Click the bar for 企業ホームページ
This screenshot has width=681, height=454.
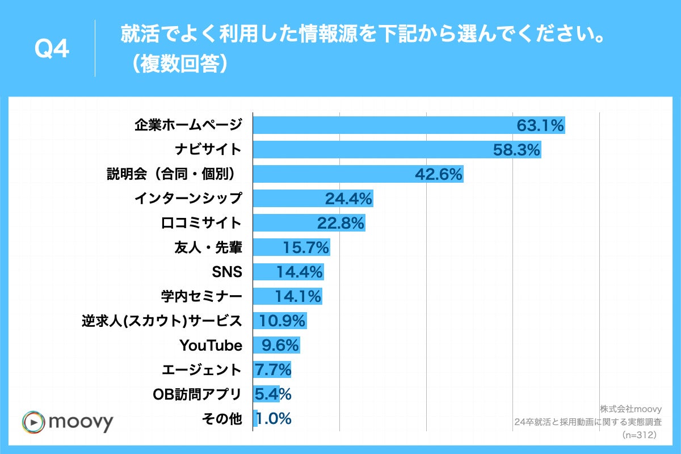pos(409,125)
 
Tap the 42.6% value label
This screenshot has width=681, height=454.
pos(439,174)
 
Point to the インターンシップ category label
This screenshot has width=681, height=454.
pos(188,199)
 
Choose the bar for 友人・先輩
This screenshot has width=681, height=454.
pos(291,247)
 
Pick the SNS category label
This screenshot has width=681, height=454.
pos(227,272)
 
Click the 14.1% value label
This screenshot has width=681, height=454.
pos(299,296)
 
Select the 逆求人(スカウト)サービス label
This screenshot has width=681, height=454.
pos(162,321)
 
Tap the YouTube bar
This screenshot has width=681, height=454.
pos(276,345)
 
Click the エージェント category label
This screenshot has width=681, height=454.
pos(201,370)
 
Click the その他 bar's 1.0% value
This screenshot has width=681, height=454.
pos(275,419)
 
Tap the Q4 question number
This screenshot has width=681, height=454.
pos(52,50)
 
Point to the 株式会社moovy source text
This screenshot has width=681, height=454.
pos(630,408)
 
